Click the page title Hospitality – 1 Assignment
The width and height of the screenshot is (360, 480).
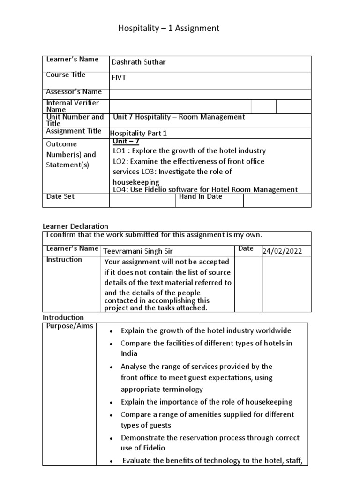point(169,29)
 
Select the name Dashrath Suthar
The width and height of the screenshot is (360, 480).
point(138,63)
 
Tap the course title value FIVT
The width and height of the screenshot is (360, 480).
point(119,78)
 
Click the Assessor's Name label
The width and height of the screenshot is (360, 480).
point(74,92)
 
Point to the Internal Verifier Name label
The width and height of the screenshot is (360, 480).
point(72,106)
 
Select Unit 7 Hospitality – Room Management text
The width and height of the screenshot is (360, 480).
point(179,117)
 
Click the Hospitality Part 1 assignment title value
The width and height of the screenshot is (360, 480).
point(138,133)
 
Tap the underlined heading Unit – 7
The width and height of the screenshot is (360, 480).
point(126,142)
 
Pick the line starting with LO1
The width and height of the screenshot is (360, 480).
point(189,151)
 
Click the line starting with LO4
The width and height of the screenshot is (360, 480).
point(205,189)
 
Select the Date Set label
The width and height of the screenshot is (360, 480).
point(60,197)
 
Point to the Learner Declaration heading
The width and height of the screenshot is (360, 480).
point(75,226)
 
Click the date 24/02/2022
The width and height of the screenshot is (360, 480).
point(282,251)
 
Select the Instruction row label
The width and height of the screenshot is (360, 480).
point(64,260)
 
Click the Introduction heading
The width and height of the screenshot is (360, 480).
point(63,317)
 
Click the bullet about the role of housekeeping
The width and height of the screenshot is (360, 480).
point(206,402)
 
